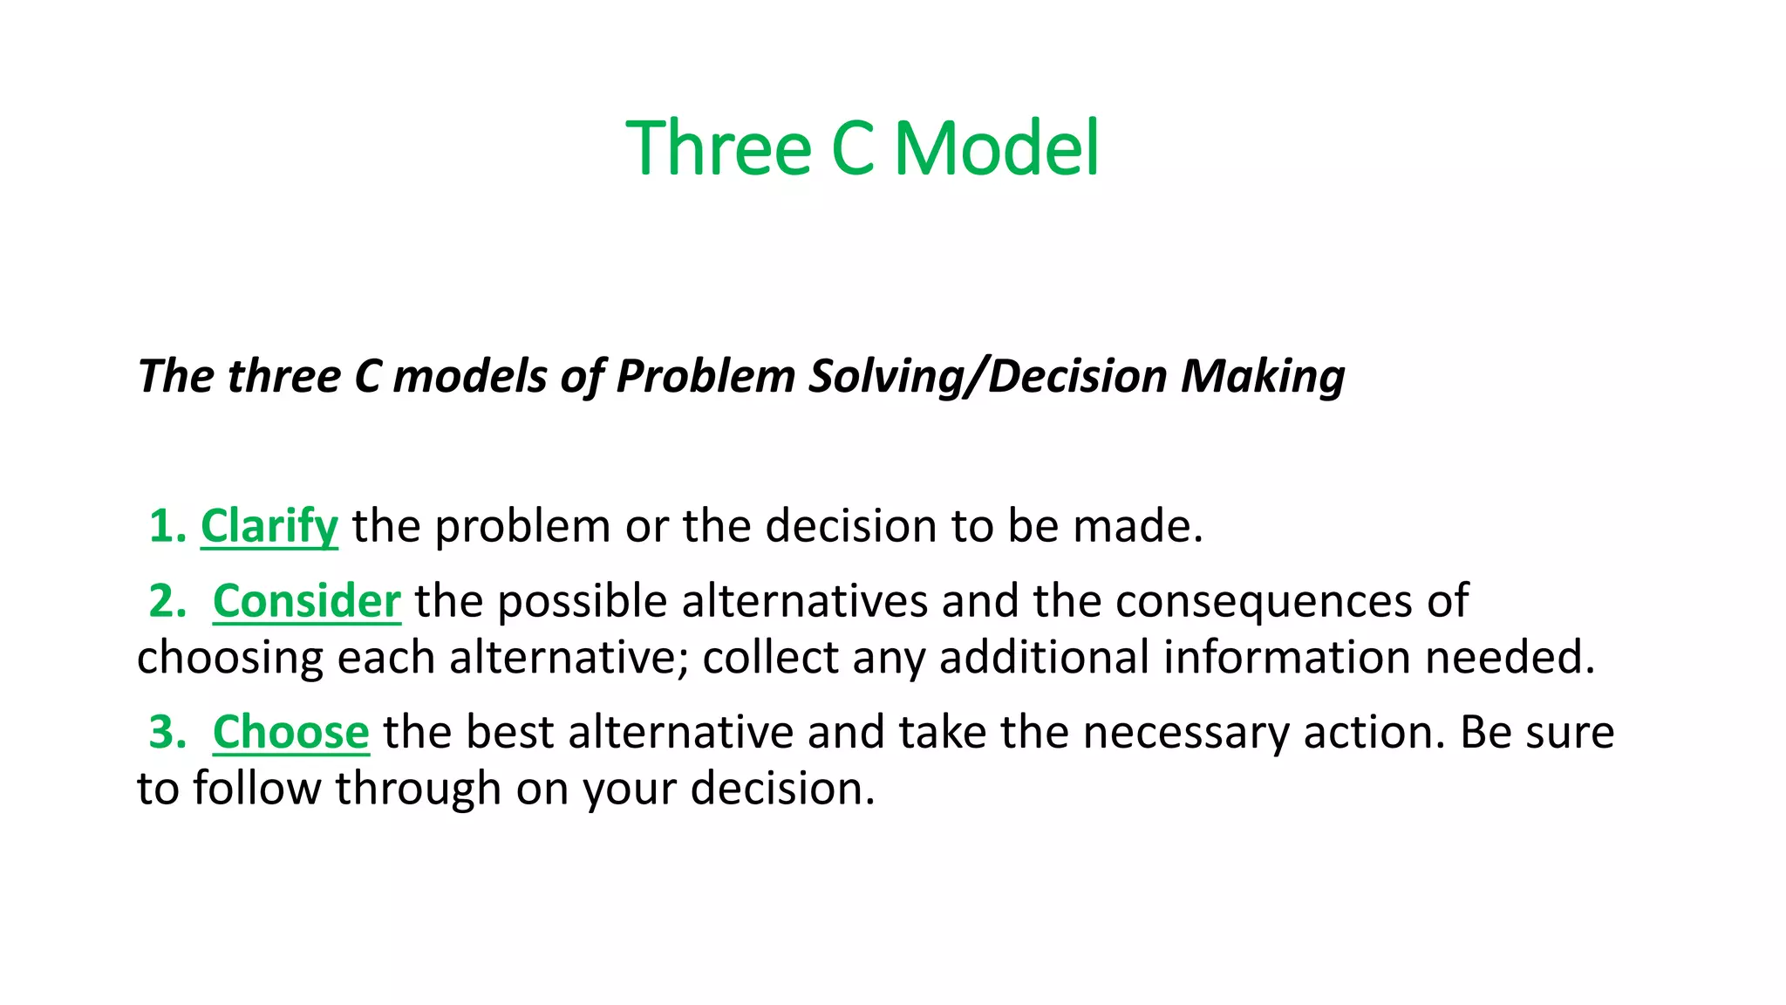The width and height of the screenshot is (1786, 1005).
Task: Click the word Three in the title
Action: (x=719, y=148)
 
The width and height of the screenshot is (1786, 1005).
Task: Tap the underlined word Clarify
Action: (x=269, y=526)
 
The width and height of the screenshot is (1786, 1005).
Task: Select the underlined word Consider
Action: (x=306, y=601)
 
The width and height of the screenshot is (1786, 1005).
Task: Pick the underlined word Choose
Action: (x=290, y=732)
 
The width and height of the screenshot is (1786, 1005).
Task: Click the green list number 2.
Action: (x=166, y=601)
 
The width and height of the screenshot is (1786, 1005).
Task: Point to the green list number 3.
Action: (x=166, y=732)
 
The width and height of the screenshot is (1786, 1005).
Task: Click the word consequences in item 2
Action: (x=1264, y=601)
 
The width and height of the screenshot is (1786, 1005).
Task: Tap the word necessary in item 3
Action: (x=1185, y=732)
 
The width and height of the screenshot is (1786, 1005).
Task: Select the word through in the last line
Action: (x=418, y=789)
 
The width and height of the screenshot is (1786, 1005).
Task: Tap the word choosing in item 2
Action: (x=229, y=659)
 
